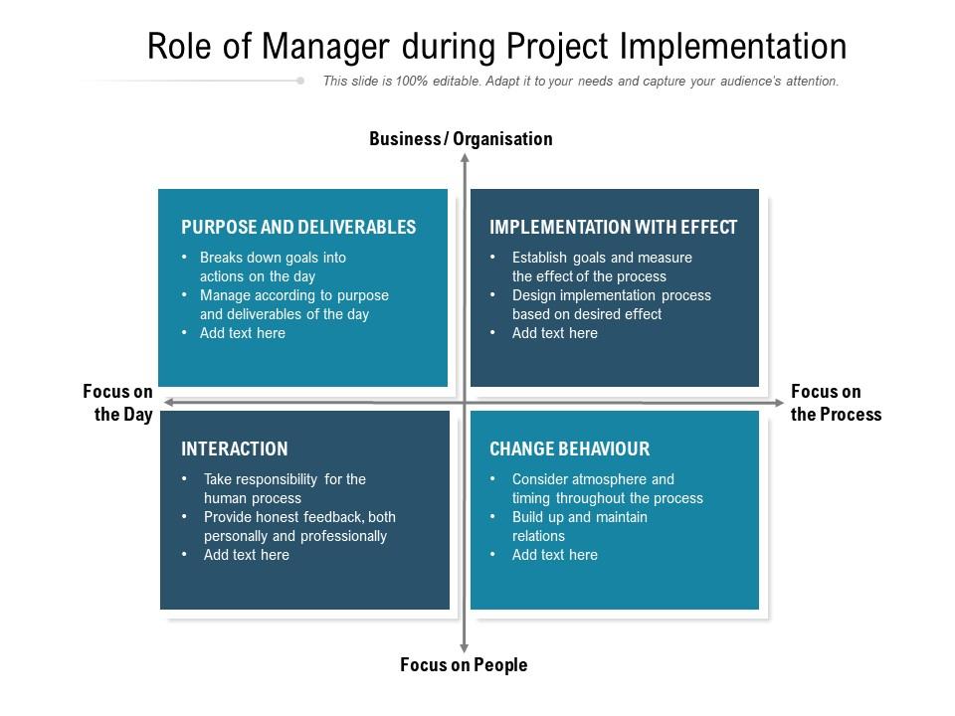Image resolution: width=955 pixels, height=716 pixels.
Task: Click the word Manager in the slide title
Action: pyautogui.click(x=325, y=48)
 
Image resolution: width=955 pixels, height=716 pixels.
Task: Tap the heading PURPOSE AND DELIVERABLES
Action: pyautogui.click(x=298, y=227)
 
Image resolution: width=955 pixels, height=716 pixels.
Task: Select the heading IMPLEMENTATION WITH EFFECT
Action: pyautogui.click(x=614, y=227)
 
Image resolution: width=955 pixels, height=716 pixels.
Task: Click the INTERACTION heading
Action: pyautogui.click(x=235, y=448)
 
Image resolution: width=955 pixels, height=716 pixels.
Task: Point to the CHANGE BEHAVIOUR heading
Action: pyautogui.click(x=569, y=448)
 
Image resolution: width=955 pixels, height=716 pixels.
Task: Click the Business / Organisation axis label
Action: pyautogui.click(x=461, y=139)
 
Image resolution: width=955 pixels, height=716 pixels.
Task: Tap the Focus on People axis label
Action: pyautogui.click(x=464, y=665)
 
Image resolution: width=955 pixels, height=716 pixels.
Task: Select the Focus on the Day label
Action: pyautogui.click(x=118, y=403)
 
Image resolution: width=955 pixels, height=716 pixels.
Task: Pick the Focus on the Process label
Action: pyautogui.click(x=836, y=403)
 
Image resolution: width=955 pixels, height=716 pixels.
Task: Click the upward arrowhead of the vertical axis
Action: pyautogui.click(x=465, y=158)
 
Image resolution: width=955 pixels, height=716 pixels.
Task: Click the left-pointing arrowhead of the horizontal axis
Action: pyautogui.click(x=169, y=403)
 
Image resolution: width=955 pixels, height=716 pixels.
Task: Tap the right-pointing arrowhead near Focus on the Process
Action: pyautogui.click(x=779, y=403)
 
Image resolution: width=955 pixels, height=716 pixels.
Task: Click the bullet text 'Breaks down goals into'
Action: pyautogui.click(x=273, y=258)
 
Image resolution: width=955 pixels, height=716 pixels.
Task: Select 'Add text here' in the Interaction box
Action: pyautogui.click(x=247, y=555)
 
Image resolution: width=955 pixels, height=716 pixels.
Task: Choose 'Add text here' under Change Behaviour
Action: pyautogui.click(x=555, y=555)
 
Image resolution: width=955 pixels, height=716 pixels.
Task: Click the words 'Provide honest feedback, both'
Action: pyautogui.click(x=299, y=517)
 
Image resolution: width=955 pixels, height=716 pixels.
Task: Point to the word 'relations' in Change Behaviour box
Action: pyautogui.click(x=538, y=536)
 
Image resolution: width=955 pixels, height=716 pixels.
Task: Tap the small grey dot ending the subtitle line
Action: pyautogui.click(x=300, y=81)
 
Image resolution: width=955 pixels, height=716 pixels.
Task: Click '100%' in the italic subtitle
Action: pyautogui.click(x=412, y=81)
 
